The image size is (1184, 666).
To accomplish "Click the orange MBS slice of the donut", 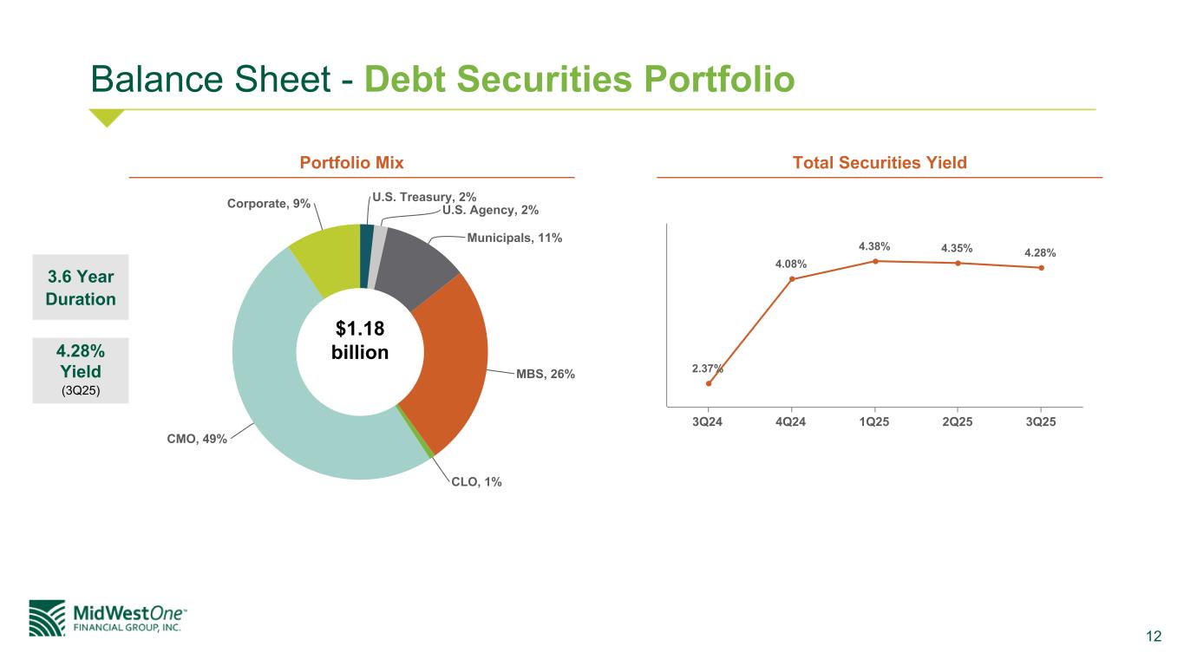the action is coord(455,359).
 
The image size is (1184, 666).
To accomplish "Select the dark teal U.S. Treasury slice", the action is coord(366,256).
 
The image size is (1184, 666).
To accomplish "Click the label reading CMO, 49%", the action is coord(197,439).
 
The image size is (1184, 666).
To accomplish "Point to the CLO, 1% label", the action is coord(476,481).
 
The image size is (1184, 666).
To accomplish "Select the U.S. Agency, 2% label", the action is coord(491,210).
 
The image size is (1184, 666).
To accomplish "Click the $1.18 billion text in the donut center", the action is coord(360,341).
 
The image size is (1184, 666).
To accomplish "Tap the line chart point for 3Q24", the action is coord(709,383).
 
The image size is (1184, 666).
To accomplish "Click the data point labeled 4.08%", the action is coord(792,279).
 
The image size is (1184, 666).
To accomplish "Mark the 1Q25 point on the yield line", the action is coord(875,261).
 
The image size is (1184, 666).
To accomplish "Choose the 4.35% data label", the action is coord(957,248).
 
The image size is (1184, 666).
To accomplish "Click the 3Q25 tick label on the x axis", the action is coord(1041,421).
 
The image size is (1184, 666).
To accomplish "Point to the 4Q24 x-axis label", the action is coord(791,421).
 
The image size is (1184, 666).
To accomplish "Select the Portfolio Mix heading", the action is coord(351,162).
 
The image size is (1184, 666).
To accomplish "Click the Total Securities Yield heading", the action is coord(880,162).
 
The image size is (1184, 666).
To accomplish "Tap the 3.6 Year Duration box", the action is coord(81,287).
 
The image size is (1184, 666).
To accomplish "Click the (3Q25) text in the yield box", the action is coord(81,390).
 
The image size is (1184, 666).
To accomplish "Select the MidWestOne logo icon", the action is coord(47,618).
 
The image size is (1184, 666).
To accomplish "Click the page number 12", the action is coord(1154,637).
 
